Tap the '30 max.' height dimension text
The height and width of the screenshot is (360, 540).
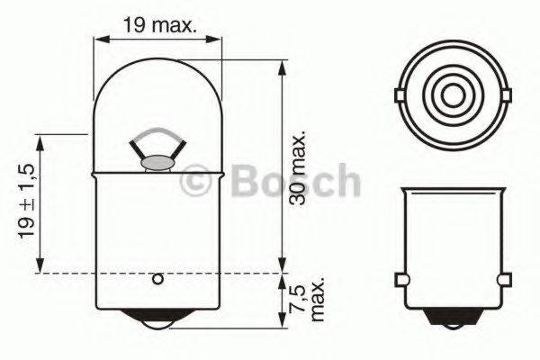click(x=301, y=168)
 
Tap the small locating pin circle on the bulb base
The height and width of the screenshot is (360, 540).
click(x=158, y=279)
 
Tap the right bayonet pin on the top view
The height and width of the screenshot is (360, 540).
click(x=504, y=94)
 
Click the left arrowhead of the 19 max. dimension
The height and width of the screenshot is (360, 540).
click(x=100, y=40)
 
